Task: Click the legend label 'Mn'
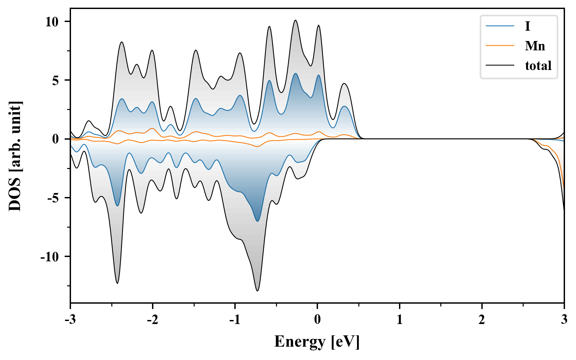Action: click(x=535, y=46)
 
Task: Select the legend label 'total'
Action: click(x=538, y=66)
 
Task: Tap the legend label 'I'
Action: click(x=527, y=26)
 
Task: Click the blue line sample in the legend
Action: click(x=500, y=26)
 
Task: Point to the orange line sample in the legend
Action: click(x=500, y=46)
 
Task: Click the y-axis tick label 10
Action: click(x=52, y=22)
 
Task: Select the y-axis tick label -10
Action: click(x=50, y=257)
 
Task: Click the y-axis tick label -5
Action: click(x=53, y=198)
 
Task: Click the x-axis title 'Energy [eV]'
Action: click(x=317, y=342)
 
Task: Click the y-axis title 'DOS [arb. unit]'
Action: click(x=15, y=156)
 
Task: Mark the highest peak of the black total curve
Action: click(x=295, y=20)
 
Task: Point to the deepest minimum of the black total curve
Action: click(x=257, y=291)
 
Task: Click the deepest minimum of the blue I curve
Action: click(x=257, y=221)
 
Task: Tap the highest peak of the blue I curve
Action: click(x=295, y=73)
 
